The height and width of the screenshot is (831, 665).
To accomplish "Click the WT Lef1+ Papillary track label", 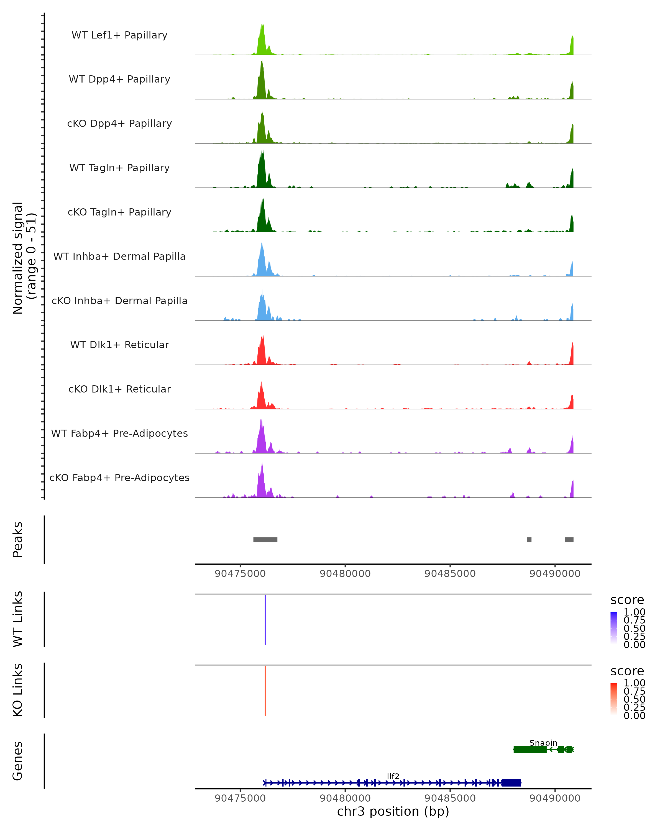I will (119, 35).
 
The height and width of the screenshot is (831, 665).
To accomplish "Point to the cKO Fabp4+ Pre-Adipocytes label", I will (119, 478).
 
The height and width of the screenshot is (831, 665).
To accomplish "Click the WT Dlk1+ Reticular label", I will (119, 345).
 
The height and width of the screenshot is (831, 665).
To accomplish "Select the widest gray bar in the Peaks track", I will (265, 540).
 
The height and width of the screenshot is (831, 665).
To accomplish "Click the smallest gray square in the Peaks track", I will (529, 540).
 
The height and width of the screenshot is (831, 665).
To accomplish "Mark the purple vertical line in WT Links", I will (265, 619).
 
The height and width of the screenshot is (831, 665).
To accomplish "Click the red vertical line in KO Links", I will (265, 690).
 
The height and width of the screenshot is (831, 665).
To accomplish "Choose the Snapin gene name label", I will (543, 743).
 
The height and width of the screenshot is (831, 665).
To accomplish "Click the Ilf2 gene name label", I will (393, 776).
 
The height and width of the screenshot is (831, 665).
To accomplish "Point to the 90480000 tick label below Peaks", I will (345, 574).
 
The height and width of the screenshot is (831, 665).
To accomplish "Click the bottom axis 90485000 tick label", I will (450, 798).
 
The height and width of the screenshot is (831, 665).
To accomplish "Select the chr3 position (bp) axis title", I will (393, 812).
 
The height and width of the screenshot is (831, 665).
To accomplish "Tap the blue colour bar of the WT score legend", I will (614, 628).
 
